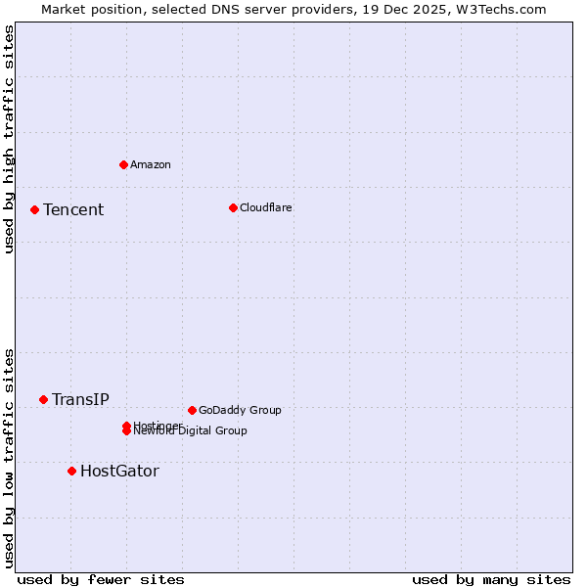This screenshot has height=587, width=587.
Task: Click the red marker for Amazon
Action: [x=123, y=164]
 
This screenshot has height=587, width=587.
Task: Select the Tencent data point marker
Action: [x=34, y=209]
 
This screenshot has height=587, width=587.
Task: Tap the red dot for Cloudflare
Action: [x=233, y=207]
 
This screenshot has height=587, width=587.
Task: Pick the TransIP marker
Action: [x=43, y=399]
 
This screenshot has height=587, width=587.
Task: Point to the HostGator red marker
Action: [x=71, y=471]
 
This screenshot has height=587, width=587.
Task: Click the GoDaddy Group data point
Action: [x=192, y=410]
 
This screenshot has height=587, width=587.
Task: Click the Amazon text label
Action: [x=150, y=164]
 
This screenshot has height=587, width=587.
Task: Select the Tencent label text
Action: [x=73, y=209]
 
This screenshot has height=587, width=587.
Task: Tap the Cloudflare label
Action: [x=265, y=207]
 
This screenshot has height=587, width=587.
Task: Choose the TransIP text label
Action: [x=80, y=399]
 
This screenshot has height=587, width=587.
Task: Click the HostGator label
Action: [x=119, y=471]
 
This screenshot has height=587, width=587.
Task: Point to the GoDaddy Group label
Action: [x=240, y=410]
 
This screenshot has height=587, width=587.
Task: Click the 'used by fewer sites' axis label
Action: [x=101, y=579]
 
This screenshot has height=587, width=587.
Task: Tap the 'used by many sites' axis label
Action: [x=491, y=579]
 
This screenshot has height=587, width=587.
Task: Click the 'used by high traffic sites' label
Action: [x=9, y=140]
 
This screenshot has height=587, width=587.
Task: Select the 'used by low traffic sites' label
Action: [x=9, y=457]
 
